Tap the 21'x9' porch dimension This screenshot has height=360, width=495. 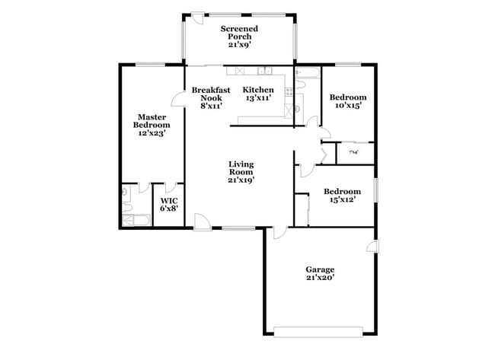239,45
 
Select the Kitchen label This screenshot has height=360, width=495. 258,90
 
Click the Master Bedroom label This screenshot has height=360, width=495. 152,120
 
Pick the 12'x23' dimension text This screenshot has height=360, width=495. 152,133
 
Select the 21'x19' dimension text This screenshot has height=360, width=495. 241,180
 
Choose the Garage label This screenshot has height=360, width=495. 320,269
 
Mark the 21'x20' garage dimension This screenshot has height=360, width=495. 320,278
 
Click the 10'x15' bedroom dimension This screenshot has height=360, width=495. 347,106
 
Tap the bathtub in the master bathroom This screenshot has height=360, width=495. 133,221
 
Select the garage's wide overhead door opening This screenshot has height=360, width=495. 318,330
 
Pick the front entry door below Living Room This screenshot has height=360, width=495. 203,221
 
